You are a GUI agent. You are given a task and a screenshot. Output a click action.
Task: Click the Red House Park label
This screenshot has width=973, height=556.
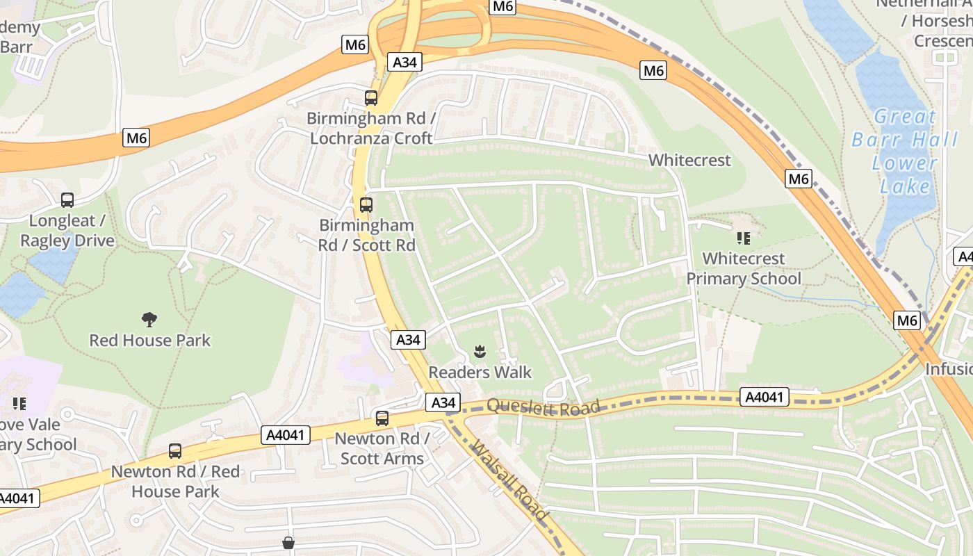pos(149,340)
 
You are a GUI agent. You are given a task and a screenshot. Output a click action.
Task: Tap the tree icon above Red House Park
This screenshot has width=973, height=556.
pos(149,320)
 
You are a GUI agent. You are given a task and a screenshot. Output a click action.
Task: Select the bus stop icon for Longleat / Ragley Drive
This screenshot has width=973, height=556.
pos(67,200)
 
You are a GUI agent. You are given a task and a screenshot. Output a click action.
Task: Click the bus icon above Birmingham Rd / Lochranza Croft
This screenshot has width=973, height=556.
pos(371,98)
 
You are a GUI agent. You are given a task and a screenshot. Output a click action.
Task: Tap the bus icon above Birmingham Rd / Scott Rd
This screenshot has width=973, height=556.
pos(366,205)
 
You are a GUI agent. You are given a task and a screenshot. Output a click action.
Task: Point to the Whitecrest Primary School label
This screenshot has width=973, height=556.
pos(744,268)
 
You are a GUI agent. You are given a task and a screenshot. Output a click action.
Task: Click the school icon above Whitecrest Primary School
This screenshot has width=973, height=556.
pos(744,239)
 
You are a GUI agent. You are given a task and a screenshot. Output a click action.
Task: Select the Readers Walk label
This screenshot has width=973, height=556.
pos(480,372)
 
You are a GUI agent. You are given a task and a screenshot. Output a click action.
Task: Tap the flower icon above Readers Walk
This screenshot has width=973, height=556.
pos(480,352)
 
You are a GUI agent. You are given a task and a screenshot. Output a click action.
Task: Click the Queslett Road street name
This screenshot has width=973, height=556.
pos(543,407)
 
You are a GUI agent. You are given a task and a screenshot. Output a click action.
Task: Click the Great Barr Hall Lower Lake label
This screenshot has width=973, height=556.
pos(905,152)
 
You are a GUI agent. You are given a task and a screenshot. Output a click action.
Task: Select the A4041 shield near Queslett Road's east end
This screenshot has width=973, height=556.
pos(764,398)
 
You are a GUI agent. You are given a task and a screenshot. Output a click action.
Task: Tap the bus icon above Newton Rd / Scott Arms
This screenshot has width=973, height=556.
pos(382,418)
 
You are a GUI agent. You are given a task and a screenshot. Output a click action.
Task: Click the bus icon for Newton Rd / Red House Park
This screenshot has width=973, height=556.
pos(175,451)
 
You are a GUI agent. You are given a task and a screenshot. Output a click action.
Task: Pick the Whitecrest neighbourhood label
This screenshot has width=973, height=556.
pos(689,161)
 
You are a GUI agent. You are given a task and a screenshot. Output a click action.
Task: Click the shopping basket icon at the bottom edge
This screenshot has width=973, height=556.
pos(288,543)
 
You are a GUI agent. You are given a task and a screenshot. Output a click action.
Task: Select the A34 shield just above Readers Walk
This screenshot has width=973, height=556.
pos(408,340)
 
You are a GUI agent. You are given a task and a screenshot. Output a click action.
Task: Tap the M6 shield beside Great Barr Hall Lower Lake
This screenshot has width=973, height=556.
pos(799,179)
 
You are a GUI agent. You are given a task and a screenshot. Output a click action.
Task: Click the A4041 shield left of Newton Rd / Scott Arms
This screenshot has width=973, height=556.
pos(286,435)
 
